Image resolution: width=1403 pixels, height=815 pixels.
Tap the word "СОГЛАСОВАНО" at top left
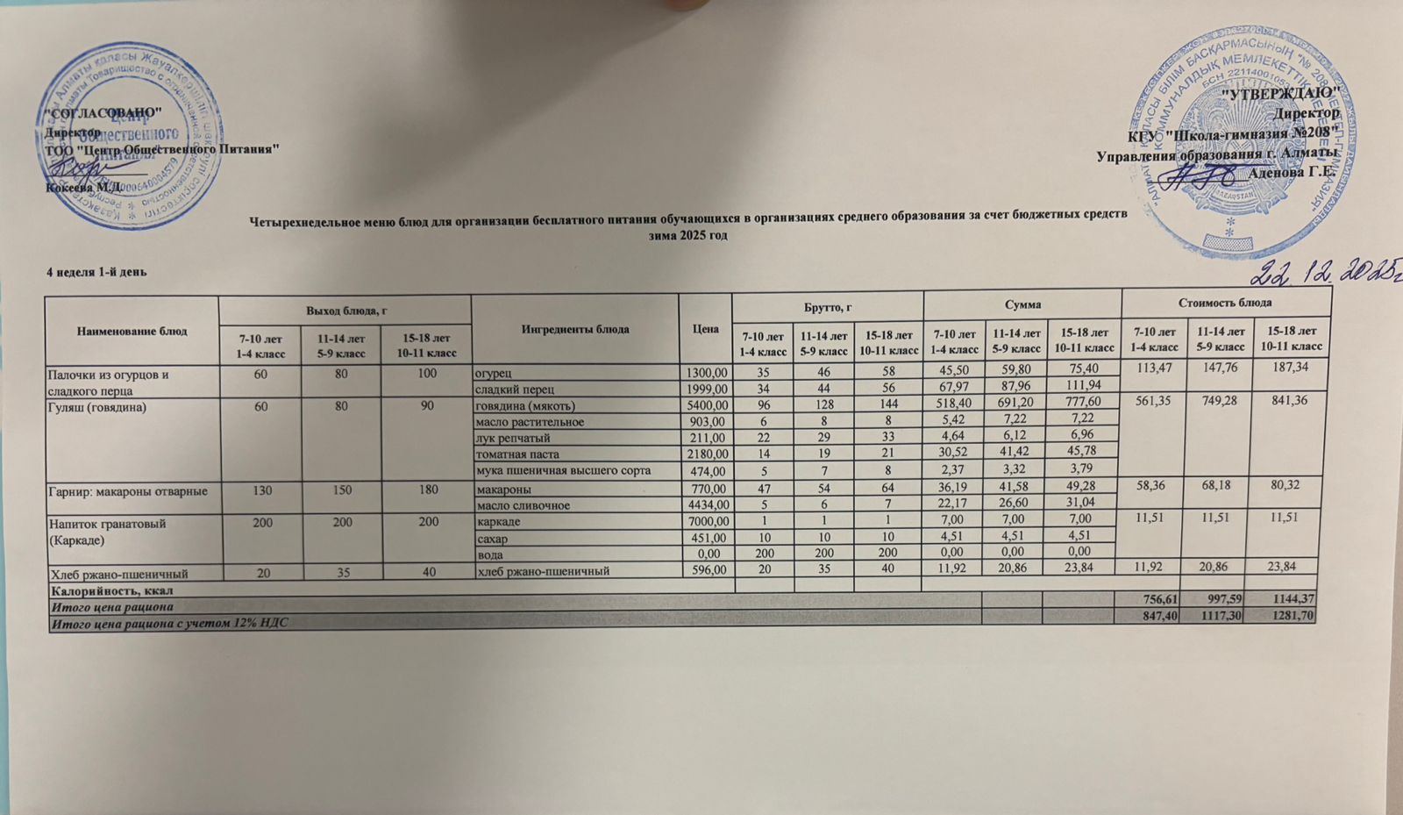(103, 112)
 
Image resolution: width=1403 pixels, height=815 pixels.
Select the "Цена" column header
(705, 328)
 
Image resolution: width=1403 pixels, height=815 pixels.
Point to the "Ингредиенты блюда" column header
(574, 329)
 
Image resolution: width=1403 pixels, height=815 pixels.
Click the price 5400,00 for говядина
(706, 406)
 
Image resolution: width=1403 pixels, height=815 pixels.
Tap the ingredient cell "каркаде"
(497, 522)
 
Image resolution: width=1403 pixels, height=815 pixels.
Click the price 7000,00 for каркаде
(706, 522)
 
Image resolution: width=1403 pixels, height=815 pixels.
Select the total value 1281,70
(1293, 617)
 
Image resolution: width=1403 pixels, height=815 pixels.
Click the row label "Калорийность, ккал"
(97, 590)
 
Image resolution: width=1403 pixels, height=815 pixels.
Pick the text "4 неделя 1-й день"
(96, 272)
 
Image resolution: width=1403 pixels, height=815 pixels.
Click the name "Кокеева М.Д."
(85, 187)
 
